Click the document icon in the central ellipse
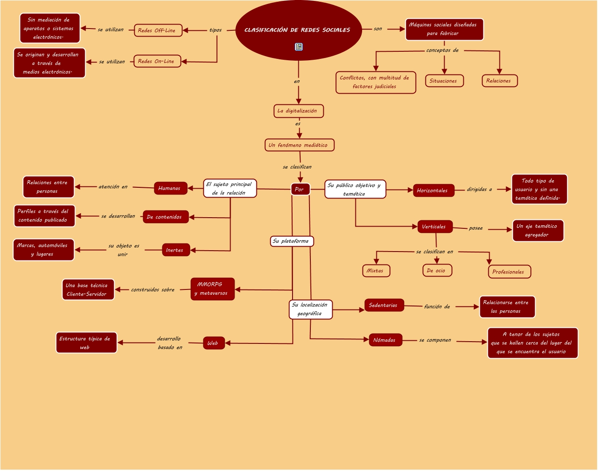[299, 47]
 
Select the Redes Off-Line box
[158, 30]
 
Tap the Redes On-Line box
[157, 61]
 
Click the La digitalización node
[298, 111]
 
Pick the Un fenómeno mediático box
[299, 145]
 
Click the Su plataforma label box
[292, 241]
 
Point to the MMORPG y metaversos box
[212, 289]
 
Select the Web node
[214, 343]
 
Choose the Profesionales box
[509, 272]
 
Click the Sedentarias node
[384, 305]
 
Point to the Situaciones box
[444, 81]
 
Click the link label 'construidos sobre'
[153, 289]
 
